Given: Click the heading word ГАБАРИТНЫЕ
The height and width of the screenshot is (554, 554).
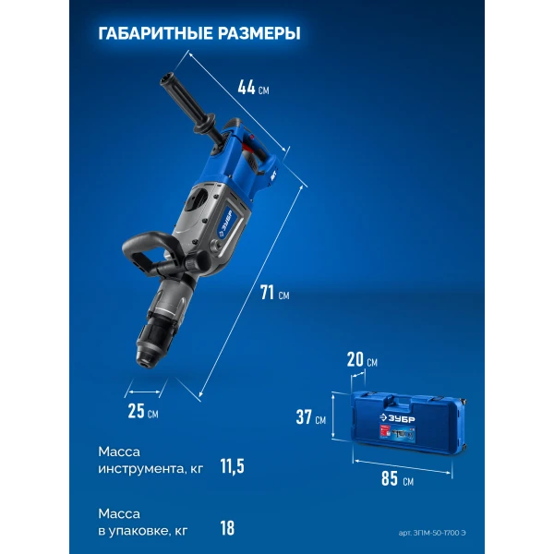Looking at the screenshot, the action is pos(155,33).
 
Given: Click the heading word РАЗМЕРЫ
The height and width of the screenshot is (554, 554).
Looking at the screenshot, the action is pos(259,33).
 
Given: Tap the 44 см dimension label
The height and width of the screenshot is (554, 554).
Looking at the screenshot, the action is pos(253,88).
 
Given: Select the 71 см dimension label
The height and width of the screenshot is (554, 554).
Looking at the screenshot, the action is pos(274,293).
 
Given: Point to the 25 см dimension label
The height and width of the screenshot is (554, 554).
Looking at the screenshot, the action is pos(143,411).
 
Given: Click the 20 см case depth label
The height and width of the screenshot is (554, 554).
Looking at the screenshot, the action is pos(362,359).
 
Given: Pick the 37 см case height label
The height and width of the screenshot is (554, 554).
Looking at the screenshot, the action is pos(311,416).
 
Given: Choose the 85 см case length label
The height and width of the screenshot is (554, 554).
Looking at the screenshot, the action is pos(397,478).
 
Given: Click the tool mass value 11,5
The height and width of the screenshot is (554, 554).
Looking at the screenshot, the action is pos(232,466).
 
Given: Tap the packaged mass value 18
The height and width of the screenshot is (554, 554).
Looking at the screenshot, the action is pos(227,528).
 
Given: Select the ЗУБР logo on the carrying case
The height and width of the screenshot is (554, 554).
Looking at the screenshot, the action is pos(397,418).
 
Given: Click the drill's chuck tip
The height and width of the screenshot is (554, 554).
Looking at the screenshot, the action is pos(146,362).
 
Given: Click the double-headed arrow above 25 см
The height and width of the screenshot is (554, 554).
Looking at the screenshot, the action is pos(145,391).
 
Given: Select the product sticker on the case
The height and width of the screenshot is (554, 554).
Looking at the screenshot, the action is pos(396,434).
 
